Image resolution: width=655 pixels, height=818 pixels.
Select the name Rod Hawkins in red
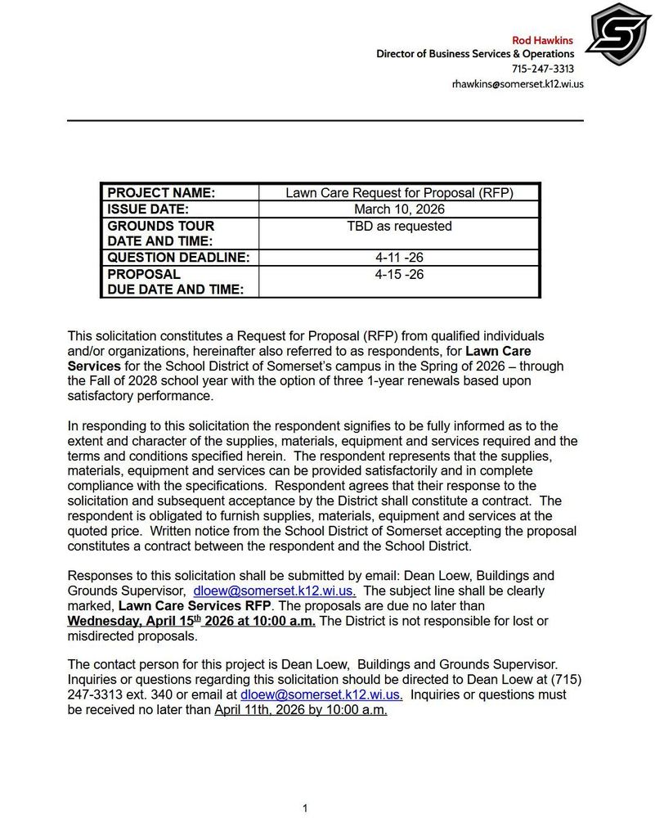tap(542, 40)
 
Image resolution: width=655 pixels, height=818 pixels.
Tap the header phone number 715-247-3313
tap(543, 69)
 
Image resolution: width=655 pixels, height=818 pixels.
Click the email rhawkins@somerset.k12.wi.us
tap(518, 83)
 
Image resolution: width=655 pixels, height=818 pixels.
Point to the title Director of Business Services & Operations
tap(474, 54)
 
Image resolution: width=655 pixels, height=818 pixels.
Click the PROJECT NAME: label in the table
tap(161, 193)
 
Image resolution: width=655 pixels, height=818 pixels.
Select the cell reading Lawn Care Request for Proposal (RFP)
tap(399, 193)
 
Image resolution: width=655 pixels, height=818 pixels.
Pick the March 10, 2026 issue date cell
tap(399, 209)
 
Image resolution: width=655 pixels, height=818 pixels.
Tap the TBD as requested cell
tap(399, 226)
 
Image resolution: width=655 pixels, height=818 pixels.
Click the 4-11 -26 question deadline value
tap(399, 258)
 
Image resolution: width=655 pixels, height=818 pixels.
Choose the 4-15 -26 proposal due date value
tap(399, 274)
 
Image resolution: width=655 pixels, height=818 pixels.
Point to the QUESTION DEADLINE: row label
tap(178, 258)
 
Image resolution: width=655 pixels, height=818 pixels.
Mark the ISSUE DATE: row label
tap(148, 209)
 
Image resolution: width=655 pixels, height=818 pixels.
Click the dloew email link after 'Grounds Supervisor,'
tap(274, 591)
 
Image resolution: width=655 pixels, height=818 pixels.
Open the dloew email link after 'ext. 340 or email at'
tap(321, 694)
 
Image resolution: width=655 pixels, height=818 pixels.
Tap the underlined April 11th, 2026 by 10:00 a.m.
tap(300, 710)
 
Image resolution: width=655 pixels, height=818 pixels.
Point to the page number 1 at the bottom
tap(305, 808)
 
